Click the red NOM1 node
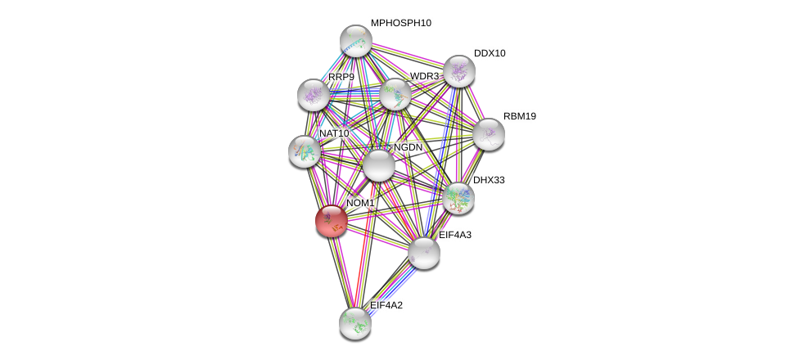point(332,220)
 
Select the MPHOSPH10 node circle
point(356,40)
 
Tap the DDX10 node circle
point(458,71)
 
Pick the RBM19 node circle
point(489,133)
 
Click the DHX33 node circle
point(458,196)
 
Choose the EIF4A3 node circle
point(424,252)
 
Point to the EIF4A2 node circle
point(355,322)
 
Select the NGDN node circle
point(378,164)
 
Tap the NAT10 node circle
point(305,151)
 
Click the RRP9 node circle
point(313,95)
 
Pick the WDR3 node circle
point(395,94)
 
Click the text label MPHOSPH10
point(400,23)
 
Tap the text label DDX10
point(490,53)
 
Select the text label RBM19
point(519,116)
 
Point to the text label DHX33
point(489,179)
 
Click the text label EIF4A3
point(454,235)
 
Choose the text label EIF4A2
point(386,305)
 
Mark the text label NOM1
point(360,203)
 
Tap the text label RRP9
point(341,78)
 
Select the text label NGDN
point(408,147)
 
